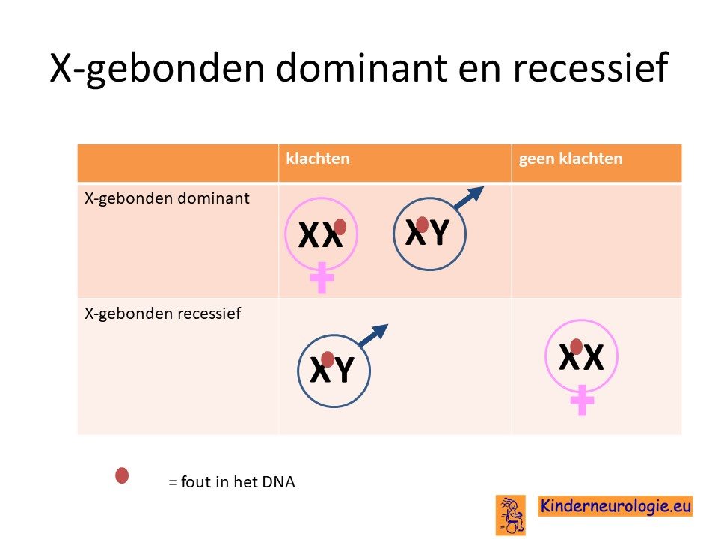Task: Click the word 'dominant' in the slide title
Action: tap(360, 67)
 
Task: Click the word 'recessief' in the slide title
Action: tap(591, 67)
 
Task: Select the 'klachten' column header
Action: tap(318, 159)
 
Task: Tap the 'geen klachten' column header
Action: tap(571, 159)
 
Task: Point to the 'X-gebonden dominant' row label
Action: tap(167, 199)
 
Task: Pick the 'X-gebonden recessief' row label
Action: tap(162, 314)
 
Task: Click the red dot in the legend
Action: tap(122, 475)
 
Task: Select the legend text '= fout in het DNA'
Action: tap(232, 481)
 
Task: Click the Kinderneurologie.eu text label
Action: tap(616, 506)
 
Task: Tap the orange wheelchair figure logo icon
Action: tap(511, 515)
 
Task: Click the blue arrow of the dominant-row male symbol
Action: tap(469, 198)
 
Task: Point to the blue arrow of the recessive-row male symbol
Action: tap(373, 335)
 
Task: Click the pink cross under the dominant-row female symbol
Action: tap(322, 278)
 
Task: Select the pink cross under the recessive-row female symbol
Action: tap(582, 400)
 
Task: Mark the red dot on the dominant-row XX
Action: tap(340, 226)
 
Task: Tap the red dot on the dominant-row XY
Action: tap(422, 225)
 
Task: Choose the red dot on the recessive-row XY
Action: tap(328, 359)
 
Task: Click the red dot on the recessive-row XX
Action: tap(576, 347)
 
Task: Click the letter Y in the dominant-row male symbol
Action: tap(440, 232)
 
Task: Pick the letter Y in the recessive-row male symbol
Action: tap(344, 369)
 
